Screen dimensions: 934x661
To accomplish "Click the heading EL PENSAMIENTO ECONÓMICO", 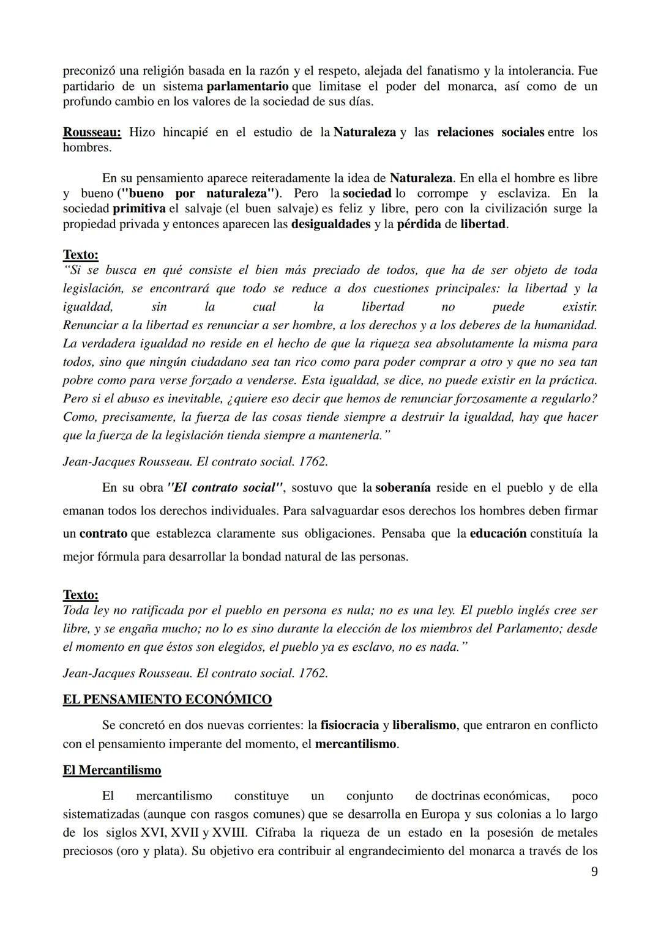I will tap(167, 699).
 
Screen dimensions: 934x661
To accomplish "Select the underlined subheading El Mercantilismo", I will tap(112, 770).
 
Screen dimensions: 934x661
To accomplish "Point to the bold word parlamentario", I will tap(247, 86).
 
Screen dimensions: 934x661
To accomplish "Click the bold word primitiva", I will tap(139, 209).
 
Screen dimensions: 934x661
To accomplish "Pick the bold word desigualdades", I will tap(330, 224).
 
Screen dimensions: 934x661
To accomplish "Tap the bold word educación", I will tap(498, 533).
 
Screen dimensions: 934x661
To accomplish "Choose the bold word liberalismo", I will tap(424, 725).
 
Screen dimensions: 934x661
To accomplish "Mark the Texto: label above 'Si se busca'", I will tap(80, 254).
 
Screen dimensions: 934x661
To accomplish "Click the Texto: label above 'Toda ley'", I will tap(80, 595).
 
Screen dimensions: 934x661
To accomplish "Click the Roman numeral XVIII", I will tap(229, 832).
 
